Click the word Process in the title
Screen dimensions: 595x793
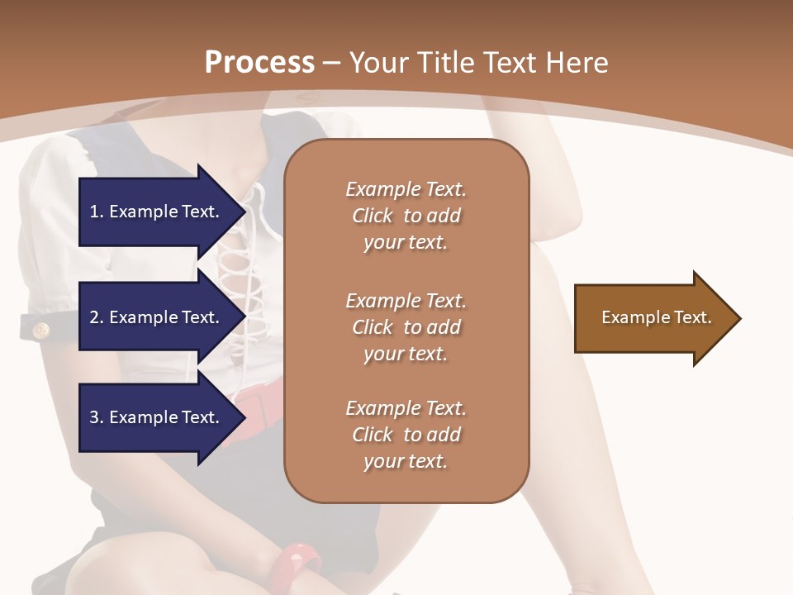point(259,63)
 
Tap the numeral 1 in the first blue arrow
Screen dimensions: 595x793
point(94,212)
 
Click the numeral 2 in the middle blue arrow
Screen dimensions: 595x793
point(94,317)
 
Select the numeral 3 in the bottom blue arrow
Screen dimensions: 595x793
point(94,417)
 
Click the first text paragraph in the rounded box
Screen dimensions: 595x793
point(406,216)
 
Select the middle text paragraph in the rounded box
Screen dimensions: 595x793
point(406,327)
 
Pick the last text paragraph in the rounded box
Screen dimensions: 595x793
point(406,435)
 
